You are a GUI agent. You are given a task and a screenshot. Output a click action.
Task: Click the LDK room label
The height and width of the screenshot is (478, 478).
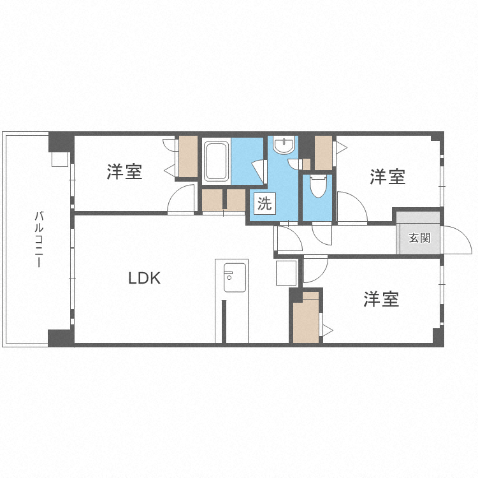145,279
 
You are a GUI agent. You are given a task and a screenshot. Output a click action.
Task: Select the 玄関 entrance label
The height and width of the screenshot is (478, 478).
419,238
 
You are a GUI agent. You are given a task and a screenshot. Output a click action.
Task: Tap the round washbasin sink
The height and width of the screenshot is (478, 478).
284,146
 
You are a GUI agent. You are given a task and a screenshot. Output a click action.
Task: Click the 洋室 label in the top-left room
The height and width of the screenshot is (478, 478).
124,171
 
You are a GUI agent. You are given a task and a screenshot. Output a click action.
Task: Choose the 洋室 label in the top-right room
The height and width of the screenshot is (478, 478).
387,177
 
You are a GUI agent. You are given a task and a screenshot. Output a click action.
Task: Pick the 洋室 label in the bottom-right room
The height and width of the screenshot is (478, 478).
381,299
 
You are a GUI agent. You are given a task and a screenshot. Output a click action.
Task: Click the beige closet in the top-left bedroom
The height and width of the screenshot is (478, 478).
188,156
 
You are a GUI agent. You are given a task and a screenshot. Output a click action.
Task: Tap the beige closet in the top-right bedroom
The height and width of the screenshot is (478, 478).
323,153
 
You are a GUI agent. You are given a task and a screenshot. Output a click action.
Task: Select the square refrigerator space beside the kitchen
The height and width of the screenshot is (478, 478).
286,273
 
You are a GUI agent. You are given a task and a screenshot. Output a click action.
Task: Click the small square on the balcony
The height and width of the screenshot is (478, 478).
59,159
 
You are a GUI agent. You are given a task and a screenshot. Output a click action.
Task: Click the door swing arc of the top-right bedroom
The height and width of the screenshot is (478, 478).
351,207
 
